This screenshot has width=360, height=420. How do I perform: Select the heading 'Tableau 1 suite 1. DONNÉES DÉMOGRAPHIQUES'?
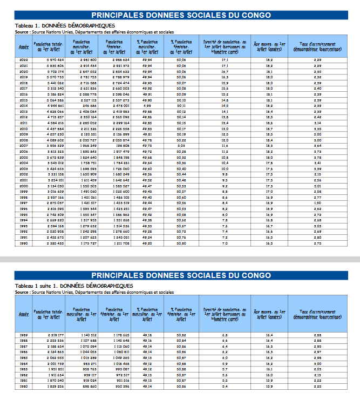click(x=74, y=286)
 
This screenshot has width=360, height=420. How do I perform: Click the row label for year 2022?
click(x=24, y=60)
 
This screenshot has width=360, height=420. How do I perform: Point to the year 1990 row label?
click(x=24, y=243)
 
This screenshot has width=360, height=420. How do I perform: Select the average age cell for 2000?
click(x=269, y=186)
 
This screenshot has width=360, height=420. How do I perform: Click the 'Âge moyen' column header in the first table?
click(x=269, y=45)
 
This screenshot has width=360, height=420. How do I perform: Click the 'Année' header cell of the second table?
click(x=24, y=314)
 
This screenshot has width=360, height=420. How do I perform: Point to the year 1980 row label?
click(x=24, y=387)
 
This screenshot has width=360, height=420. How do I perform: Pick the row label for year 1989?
click(x=24, y=335)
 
